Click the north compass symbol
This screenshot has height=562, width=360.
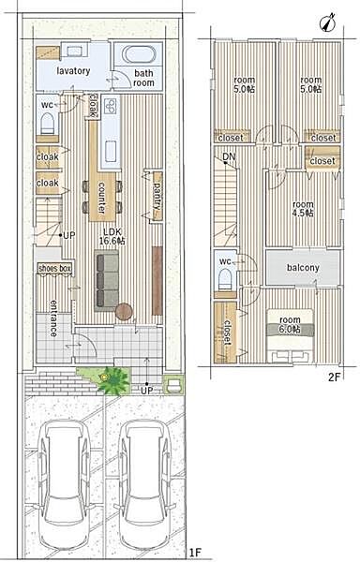tap(327, 22)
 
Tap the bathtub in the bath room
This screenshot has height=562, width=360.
tap(139, 54)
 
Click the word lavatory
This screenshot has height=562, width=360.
tap(73, 71)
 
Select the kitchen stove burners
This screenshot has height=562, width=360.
tap(111, 106)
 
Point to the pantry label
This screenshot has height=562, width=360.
tap(157, 196)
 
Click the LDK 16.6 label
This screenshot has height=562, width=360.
tap(112, 236)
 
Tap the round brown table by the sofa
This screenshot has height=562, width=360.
tap(124, 312)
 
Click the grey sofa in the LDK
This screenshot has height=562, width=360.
tap(107, 280)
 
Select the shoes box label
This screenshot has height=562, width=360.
tap(55, 268)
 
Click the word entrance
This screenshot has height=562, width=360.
tap(53, 318)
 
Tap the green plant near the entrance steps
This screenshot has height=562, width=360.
tap(112, 380)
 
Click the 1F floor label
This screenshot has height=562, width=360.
tap(196, 553)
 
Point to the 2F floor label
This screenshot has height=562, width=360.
tap(334, 377)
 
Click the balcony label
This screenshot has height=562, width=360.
tap(303, 267)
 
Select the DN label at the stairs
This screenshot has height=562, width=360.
tap(229, 156)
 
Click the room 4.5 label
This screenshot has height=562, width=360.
tap(303, 209)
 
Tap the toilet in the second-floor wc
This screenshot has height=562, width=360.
tap(225, 279)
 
